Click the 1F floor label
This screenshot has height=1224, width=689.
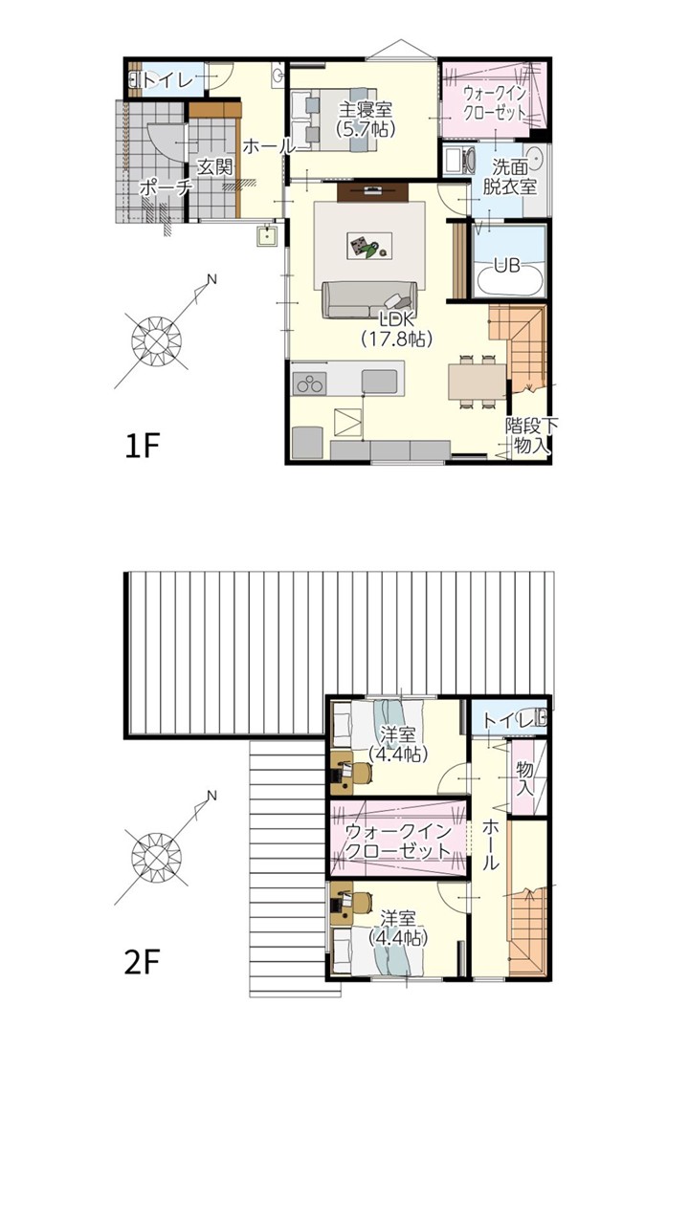[x=142, y=447]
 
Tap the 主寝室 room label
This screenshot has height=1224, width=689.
[x=366, y=109]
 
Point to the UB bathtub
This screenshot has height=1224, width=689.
[x=510, y=277]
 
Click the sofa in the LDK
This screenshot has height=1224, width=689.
[x=369, y=299]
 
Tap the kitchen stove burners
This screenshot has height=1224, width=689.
[x=310, y=383]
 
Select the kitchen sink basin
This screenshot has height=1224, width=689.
[x=379, y=381]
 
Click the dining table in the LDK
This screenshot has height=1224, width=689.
[x=477, y=382]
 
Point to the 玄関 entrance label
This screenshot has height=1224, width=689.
[x=215, y=166]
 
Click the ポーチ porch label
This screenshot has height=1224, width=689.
[x=167, y=188]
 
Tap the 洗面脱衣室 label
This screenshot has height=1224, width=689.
[x=510, y=176]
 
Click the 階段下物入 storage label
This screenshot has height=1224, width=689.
[x=531, y=435]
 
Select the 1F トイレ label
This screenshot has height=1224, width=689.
[x=168, y=81]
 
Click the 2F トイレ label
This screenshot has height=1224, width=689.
[x=508, y=720]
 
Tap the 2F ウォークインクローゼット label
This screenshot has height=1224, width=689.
[x=399, y=841]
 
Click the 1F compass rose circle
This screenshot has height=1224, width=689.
[x=156, y=341]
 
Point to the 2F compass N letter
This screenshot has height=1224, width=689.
[x=211, y=796]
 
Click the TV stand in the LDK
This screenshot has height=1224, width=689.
[x=373, y=192]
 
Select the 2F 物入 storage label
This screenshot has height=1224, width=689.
[x=525, y=778]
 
